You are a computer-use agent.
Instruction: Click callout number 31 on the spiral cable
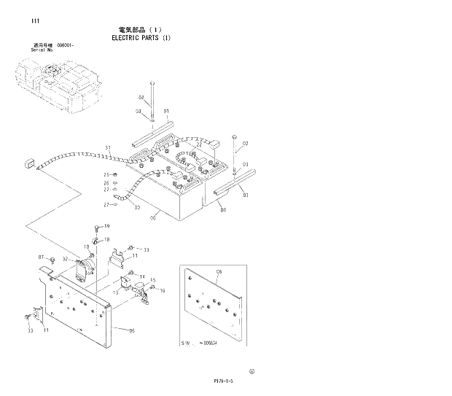click(x=107, y=149)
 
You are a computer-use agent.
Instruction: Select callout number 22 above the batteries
click(x=198, y=144)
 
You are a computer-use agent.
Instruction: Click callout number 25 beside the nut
click(x=106, y=175)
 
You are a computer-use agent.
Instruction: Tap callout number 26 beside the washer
click(x=106, y=183)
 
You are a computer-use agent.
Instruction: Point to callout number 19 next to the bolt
click(x=106, y=226)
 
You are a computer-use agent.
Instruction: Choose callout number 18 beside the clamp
click(x=107, y=239)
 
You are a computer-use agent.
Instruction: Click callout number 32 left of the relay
click(x=65, y=259)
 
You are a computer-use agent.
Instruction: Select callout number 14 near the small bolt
click(x=141, y=276)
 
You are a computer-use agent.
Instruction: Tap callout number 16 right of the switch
click(x=163, y=290)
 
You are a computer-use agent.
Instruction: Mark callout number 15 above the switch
click(x=153, y=281)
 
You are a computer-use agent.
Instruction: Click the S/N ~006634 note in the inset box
click(x=200, y=342)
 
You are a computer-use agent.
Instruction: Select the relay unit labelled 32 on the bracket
click(x=85, y=267)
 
